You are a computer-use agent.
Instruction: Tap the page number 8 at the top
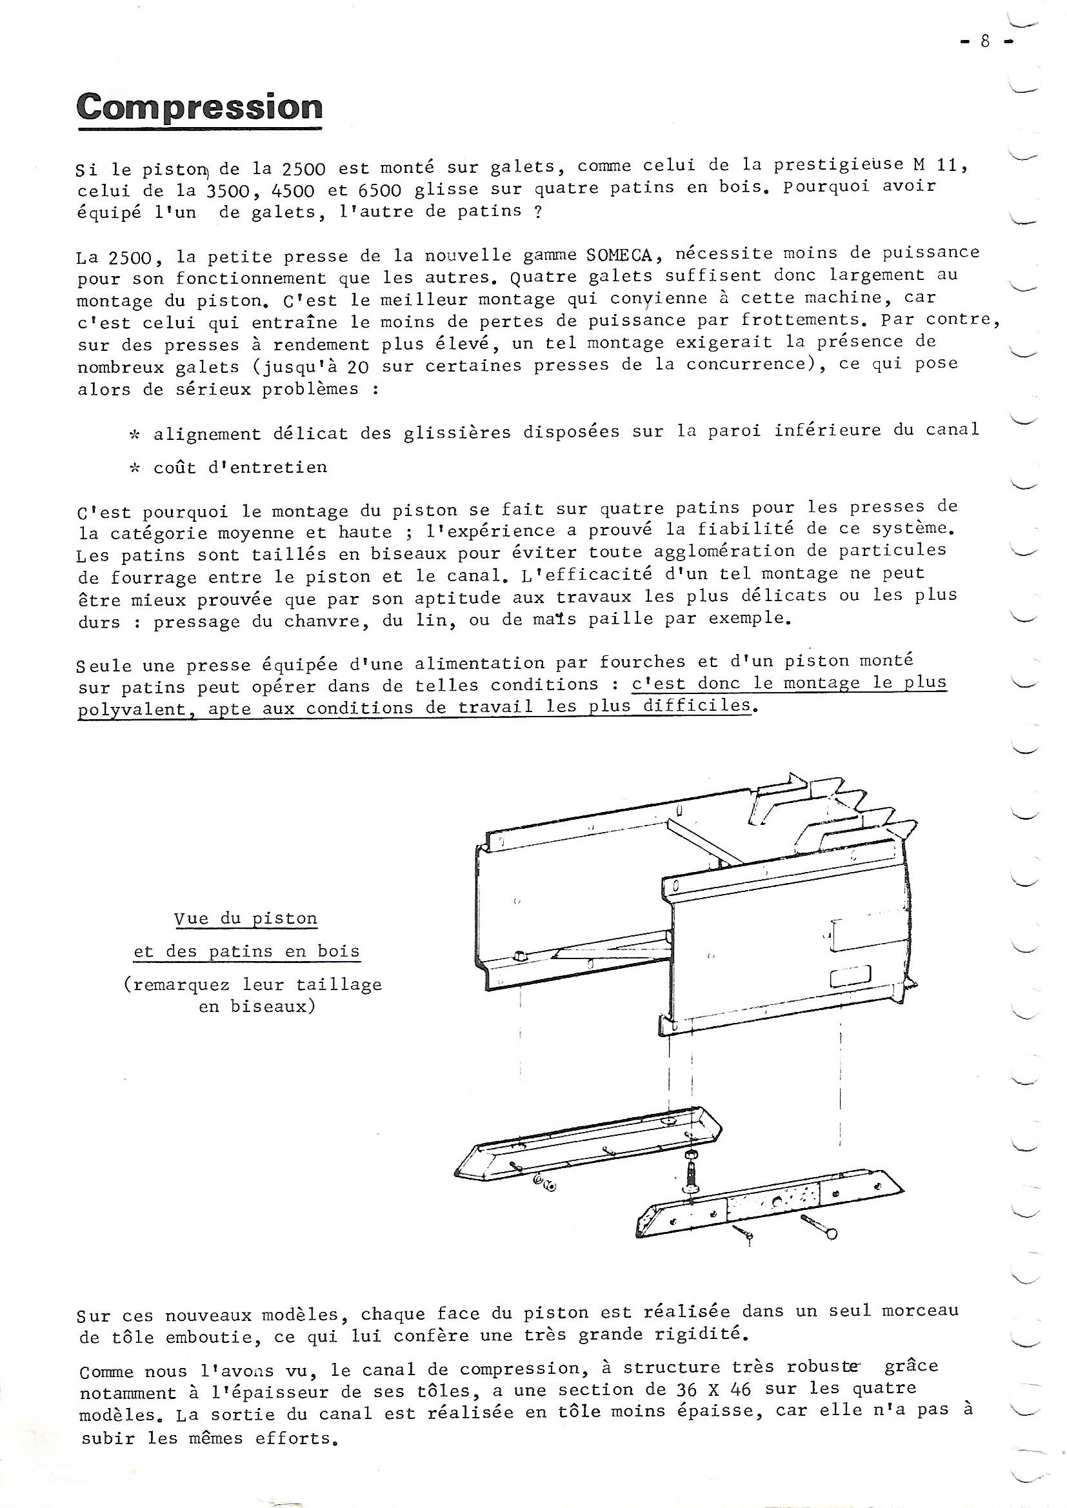click(984, 41)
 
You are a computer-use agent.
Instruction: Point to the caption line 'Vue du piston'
click(246, 919)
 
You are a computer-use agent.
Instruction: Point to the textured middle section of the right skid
click(773, 1202)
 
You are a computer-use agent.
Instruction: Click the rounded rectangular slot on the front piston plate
click(850, 978)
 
